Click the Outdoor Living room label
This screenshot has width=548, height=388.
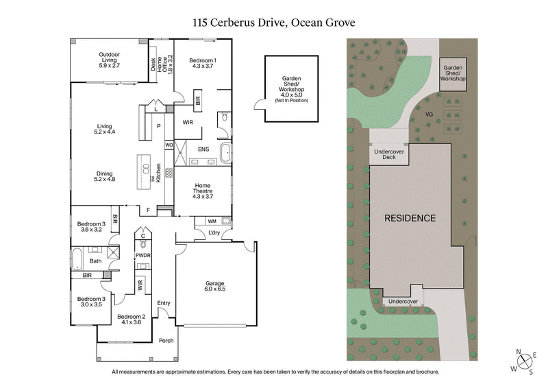pos(109,58)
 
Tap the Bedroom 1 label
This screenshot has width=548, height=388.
pos(203,64)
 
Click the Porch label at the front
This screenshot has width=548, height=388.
pos(166,341)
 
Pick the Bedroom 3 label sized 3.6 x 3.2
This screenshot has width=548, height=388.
pos(91,227)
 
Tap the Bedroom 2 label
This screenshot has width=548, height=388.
pos(131,318)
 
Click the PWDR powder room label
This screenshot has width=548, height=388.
pos(142,256)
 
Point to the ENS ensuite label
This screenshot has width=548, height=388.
pos(203,149)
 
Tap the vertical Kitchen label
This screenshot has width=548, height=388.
pos(159,172)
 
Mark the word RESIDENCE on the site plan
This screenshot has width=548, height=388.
pos(409,219)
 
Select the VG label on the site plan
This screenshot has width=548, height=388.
pos(429,114)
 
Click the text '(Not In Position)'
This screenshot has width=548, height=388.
pos(292,101)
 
